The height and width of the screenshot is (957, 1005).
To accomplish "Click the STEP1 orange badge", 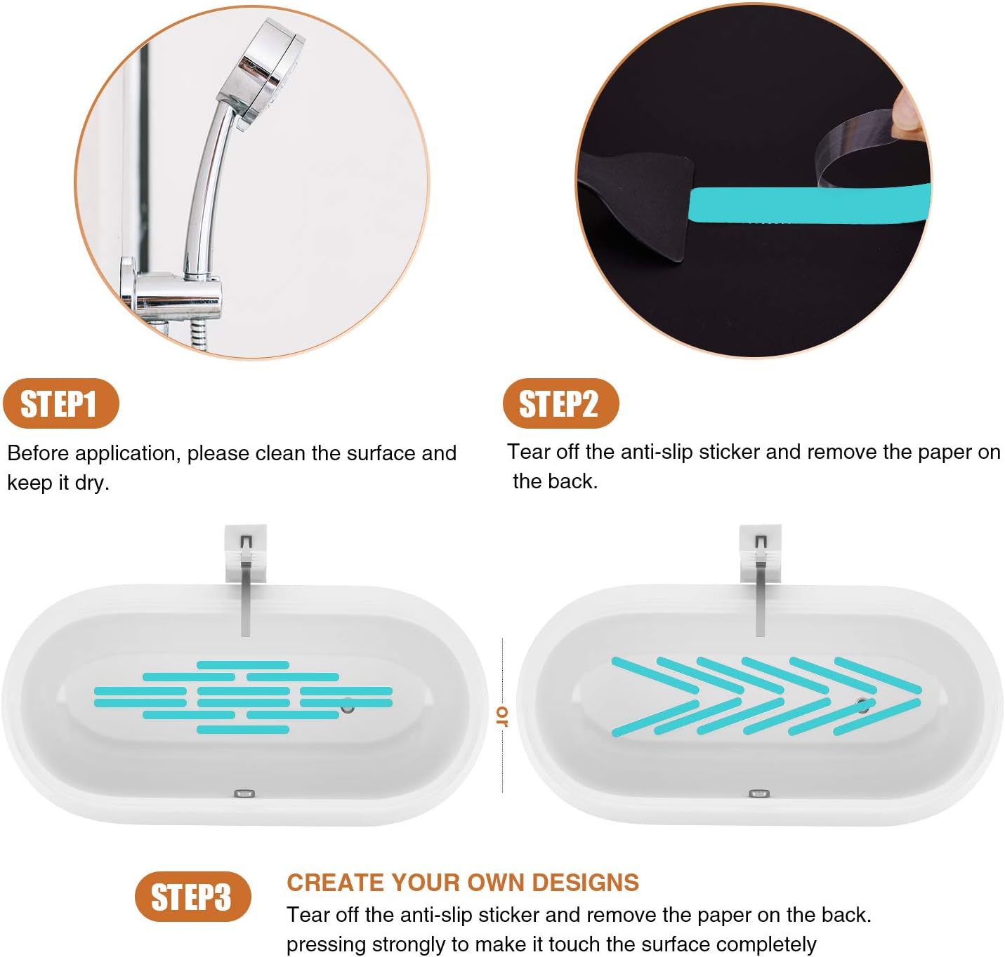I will tap(60, 404).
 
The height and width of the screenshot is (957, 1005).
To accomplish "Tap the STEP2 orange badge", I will tap(560, 404).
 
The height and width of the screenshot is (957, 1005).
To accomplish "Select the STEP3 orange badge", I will tap(192, 897).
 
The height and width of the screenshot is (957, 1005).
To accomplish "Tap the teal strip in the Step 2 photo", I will tap(808, 205).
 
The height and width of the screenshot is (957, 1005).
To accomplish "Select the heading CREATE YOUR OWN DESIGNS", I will tap(462, 882).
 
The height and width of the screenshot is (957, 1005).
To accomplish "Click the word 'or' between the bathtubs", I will tap(502, 716).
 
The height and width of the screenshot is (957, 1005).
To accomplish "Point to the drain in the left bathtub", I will tap(348, 708).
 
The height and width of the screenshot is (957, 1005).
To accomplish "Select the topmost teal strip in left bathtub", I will tap(243, 664).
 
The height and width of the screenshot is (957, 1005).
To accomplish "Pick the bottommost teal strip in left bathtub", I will tap(243, 730).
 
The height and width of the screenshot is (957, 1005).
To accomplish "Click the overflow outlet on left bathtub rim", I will tap(244, 794).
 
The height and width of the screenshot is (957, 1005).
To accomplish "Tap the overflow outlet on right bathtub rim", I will tap(758, 794).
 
